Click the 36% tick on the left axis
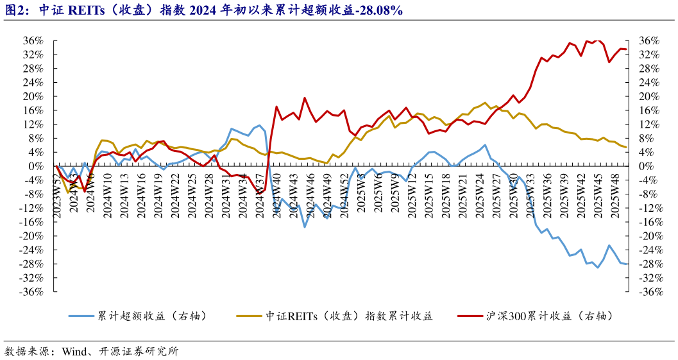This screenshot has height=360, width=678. [33, 40]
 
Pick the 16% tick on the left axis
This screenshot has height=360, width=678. [33, 110]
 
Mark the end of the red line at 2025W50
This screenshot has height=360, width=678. [626, 49]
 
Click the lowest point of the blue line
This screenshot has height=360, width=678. [598, 268]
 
